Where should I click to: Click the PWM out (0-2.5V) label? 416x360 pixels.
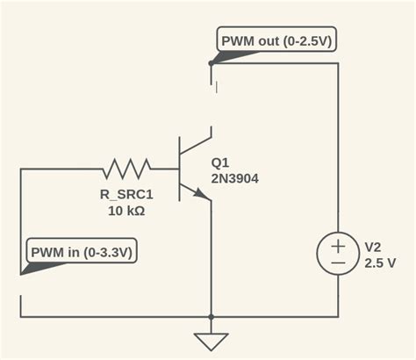[276, 41]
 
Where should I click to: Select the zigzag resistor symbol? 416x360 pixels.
[128, 165]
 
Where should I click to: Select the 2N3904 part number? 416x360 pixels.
[234, 178]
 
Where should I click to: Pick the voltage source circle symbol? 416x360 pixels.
[338, 254]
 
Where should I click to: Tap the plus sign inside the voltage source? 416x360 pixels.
[338, 244]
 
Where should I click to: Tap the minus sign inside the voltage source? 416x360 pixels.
[338, 263]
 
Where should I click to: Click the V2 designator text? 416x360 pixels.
[372, 247]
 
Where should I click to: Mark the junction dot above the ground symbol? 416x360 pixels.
[211, 316]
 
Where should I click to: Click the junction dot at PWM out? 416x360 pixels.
[211, 63]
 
